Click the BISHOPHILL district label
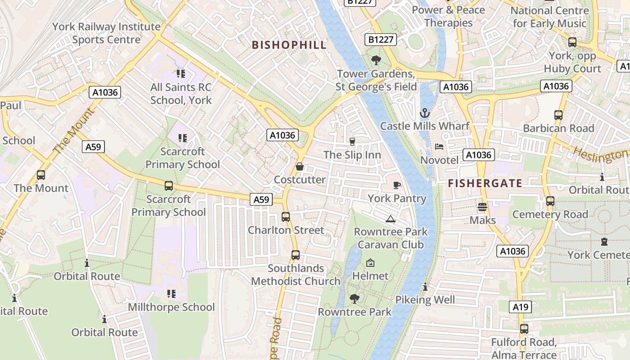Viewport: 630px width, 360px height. tap(289, 45)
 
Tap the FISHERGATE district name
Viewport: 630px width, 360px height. tap(485, 183)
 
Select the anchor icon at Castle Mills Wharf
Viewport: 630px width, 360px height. tap(425, 113)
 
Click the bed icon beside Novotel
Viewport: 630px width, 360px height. tap(439, 147)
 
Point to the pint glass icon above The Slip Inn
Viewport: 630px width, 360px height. tap(352, 142)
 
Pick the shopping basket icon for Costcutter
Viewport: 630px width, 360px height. tap(300, 167)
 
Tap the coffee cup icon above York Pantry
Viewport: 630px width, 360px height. tap(397, 185)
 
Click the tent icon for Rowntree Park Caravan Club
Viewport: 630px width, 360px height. tap(391, 219)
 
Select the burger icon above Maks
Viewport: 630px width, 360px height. tap(482, 207)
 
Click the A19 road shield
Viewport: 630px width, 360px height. tap(521, 307)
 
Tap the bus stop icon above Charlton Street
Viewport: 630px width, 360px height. tap(286, 217)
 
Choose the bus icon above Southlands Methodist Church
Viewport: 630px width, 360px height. tap(296, 255)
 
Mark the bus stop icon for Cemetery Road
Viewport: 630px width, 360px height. tap(550, 201)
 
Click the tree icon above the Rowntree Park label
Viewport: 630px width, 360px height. tap(355, 298)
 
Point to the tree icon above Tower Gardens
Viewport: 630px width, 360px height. tap(376, 60)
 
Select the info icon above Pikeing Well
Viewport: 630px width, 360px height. tap(425, 287)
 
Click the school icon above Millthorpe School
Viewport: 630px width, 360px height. tap(171, 294)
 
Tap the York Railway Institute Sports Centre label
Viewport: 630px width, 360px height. tap(107, 33)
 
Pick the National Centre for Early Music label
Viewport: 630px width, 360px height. tap(549, 17)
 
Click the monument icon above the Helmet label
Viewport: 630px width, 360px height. tap(370, 263)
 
